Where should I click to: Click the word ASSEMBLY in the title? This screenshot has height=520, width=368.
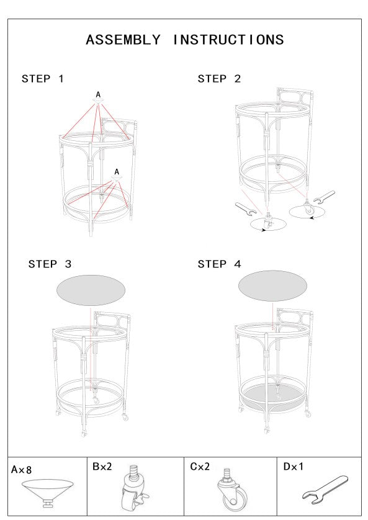[123, 40]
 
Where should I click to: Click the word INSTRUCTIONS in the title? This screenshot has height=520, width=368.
[228, 40]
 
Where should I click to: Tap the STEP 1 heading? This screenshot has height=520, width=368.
[42, 79]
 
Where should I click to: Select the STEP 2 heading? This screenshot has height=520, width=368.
[219, 79]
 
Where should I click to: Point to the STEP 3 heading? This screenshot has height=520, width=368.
[50, 264]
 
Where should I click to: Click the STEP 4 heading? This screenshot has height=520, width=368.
[219, 264]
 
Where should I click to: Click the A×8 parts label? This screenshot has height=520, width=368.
[21, 470]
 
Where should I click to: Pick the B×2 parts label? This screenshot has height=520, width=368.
[102, 466]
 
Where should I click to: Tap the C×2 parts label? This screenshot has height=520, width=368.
[200, 466]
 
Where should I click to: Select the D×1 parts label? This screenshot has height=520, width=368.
[294, 466]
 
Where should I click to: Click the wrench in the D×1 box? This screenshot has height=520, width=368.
[325, 490]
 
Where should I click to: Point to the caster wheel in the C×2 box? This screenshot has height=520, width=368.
[233, 490]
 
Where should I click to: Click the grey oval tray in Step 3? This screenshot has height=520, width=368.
[91, 290]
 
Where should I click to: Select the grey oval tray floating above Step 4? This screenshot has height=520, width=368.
[272, 286]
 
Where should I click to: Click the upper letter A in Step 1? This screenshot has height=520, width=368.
[98, 95]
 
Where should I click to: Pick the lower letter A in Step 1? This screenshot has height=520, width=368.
[117, 172]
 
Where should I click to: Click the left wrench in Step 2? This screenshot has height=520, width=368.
[246, 209]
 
